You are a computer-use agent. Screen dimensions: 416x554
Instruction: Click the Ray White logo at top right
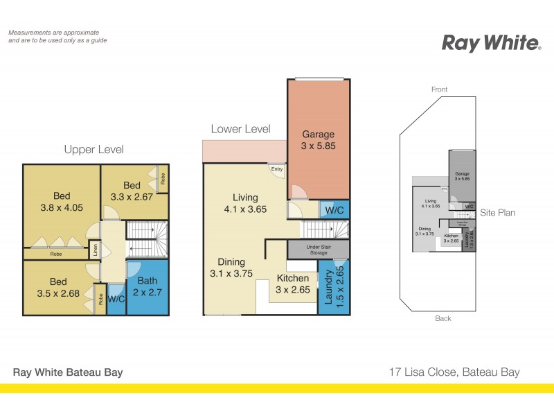pyautogui.click(x=491, y=43)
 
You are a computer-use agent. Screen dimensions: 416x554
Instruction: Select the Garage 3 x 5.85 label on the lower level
pyautogui.click(x=319, y=140)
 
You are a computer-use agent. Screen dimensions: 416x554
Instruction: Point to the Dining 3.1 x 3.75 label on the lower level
pyautogui.click(x=231, y=268)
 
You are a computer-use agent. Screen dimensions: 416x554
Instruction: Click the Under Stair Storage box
pyautogui.click(x=319, y=249)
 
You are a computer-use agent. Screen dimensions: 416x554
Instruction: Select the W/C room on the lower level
pyautogui.click(x=334, y=209)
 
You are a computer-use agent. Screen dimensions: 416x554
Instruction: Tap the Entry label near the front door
pyautogui.click(x=277, y=168)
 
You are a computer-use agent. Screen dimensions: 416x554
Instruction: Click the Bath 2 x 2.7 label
pyautogui.click(x=148, y=286)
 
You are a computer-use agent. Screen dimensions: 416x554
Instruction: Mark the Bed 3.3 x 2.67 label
pyautogui.click(x=132, y=191)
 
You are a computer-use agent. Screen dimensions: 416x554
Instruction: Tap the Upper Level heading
pyautogui.click(x=93, y=149)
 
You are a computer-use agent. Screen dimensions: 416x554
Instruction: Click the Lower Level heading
pyautogui.click(x=240, y=129)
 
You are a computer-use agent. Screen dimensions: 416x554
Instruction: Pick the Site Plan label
pyautogui.click(x=498, y=213)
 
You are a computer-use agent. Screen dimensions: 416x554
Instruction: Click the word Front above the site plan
pyautogui.click(x=439, y=89)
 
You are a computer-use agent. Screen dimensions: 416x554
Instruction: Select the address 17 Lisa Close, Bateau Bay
pyautogui.click(x=454, y=372)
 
